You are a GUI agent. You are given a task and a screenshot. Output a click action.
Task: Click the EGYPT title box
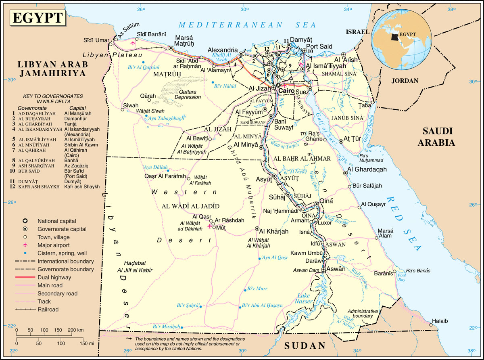point(38,18)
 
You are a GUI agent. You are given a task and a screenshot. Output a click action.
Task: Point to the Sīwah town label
point(130,105)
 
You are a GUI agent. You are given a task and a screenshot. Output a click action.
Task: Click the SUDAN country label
point(305,345)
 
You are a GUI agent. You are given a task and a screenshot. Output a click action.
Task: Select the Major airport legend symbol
point(25,245)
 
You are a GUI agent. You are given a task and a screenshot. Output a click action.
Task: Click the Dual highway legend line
point(25,277)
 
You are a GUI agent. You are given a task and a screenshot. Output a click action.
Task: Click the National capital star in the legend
point(25,221)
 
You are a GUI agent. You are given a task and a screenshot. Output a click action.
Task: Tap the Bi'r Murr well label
point(257,289)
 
